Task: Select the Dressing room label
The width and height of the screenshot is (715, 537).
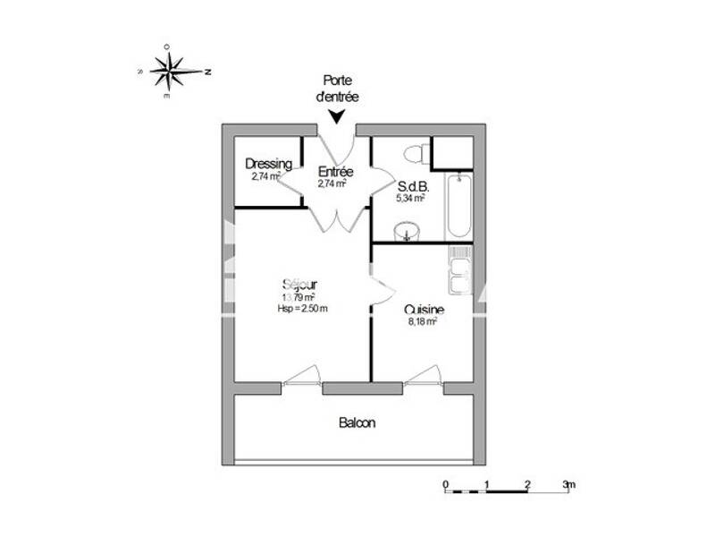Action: click(x=268, y=164)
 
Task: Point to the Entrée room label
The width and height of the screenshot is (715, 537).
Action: click(x=336, y=172)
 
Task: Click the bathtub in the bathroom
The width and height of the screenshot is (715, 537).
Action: click(x=458, y=205)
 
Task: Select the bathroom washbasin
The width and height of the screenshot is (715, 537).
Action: click(x=408, y=235)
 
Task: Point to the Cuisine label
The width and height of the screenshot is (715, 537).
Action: click(x=424, y=309)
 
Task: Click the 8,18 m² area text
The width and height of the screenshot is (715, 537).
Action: click(x=421, y=321)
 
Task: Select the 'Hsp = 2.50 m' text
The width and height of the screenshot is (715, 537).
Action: click(x=302, y=309)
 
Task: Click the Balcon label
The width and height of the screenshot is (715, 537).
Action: click(x=357, y=422)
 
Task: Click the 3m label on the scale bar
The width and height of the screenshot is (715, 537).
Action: click(x=569, y=484)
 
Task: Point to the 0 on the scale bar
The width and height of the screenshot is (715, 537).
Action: click(x=445, y=484)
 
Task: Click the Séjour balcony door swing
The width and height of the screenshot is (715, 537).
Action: click(x=301, y=376)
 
